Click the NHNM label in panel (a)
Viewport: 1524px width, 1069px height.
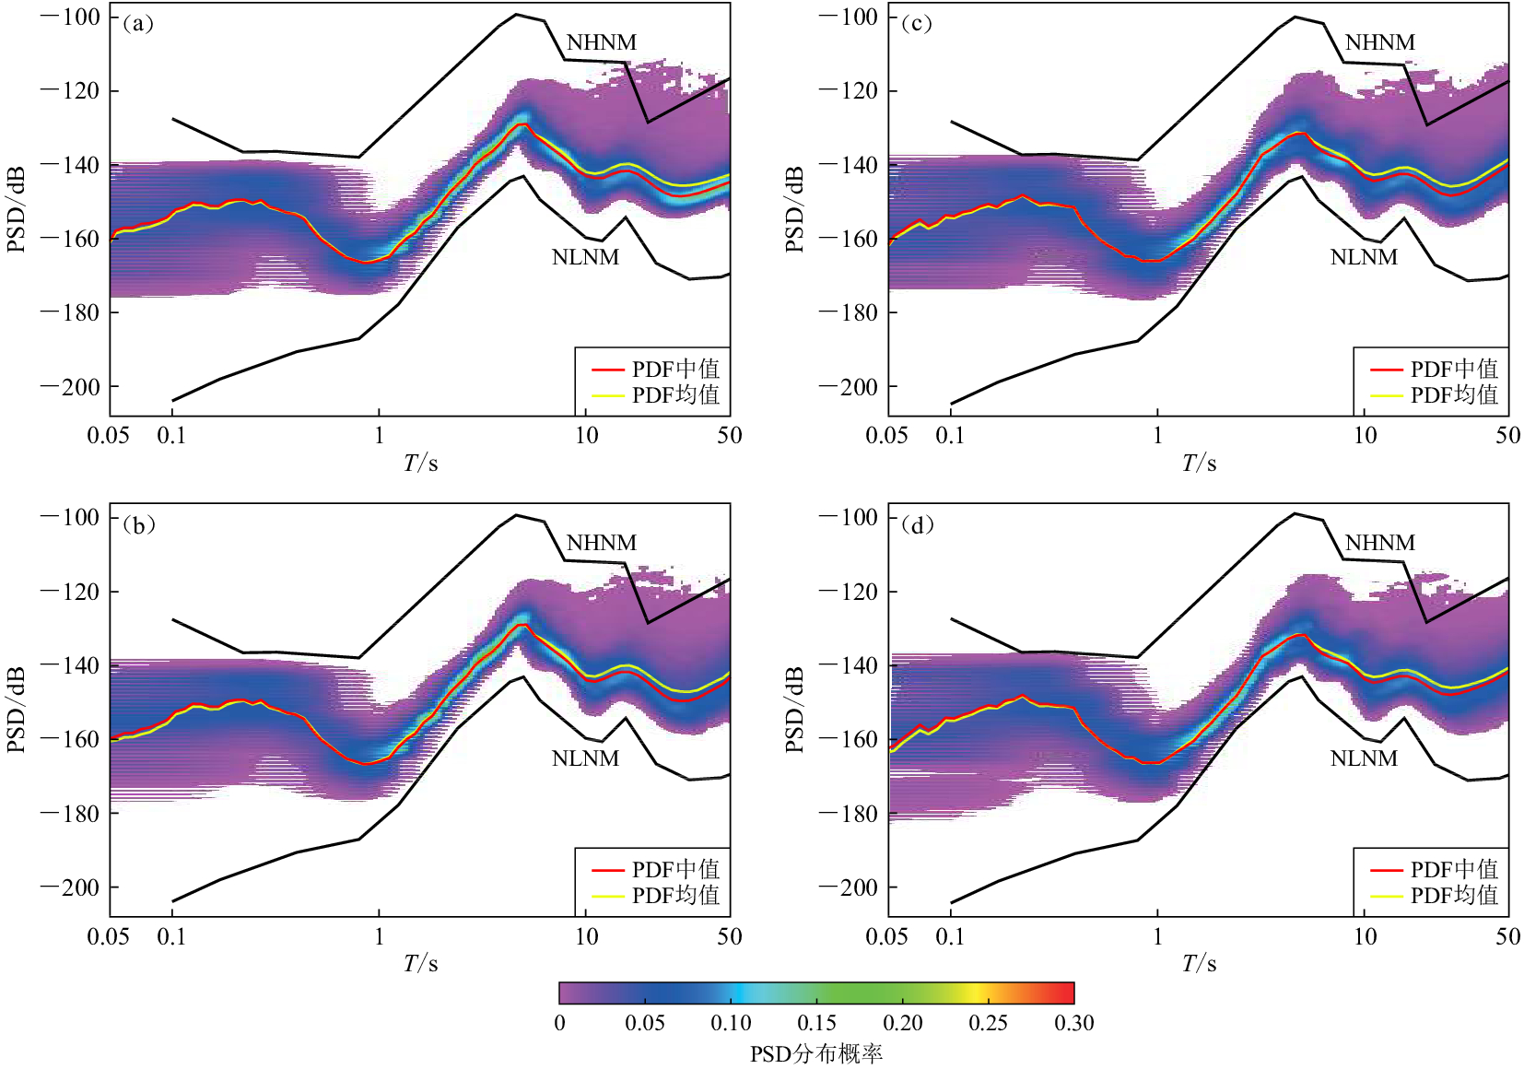[x=601, y=42]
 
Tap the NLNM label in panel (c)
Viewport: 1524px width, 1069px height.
[x=1364, y=257]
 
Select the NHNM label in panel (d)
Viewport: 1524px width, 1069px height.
[x=1379, y=543]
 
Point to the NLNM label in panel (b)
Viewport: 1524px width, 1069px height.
[x=585, y=758]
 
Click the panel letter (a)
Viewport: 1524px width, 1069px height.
[x=138, y=24]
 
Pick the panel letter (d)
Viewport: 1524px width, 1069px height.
[x=917, y=525]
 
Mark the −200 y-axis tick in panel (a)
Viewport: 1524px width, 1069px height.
[x=70, y=387]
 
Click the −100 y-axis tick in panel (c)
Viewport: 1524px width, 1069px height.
[x=849, y=18]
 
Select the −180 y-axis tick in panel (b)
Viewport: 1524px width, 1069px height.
[x=70, y=813]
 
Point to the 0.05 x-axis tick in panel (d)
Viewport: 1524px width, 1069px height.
[x=887, y=937]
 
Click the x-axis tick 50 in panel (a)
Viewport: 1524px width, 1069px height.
[x=729, y=436]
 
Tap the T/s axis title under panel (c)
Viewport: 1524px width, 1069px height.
[x=1199, y=463]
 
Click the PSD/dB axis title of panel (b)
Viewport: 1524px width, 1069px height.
[x=16, y=710]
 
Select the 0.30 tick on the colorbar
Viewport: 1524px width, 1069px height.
[x=1073, y=1023]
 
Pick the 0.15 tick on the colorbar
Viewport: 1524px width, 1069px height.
[x=816, y=1023]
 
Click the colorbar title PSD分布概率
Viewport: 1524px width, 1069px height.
[x=815, y=1053]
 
